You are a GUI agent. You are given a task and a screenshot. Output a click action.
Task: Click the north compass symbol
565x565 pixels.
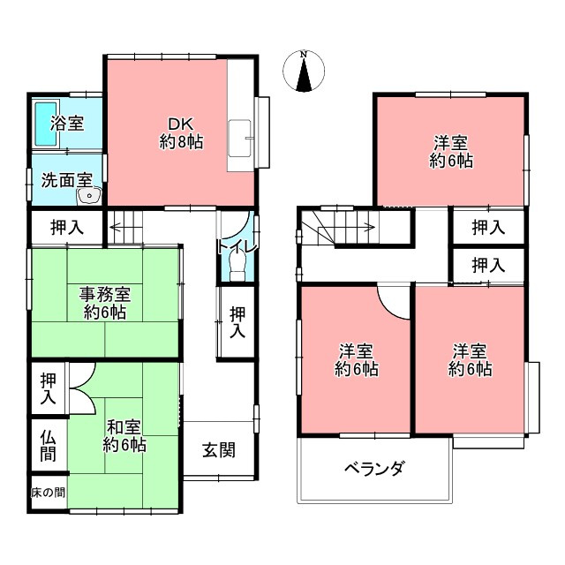303,72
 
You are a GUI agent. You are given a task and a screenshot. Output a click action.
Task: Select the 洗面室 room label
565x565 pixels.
67,179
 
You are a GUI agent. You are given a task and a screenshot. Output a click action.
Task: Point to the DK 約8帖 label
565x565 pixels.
181,132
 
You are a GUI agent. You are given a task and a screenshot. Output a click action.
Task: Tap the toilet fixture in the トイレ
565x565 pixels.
235,266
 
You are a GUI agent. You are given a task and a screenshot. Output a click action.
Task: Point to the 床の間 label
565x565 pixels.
48,492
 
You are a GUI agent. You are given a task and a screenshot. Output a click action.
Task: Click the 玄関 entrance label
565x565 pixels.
219,449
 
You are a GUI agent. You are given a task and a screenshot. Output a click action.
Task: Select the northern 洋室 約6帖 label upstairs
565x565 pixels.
451,151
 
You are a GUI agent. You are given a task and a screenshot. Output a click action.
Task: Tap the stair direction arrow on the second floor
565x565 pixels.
353,227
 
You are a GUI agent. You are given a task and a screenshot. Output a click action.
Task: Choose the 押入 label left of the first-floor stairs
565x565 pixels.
66,227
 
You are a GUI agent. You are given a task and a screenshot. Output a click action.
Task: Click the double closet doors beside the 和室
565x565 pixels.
79,388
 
